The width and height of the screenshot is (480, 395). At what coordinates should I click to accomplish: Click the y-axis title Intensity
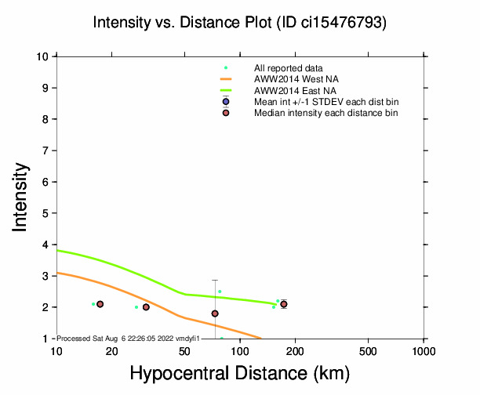(x=21, y=196)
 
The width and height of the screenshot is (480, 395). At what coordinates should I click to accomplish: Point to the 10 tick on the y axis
(x=45, y=56)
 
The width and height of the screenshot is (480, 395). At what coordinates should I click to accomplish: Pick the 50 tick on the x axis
(x=184, y=350)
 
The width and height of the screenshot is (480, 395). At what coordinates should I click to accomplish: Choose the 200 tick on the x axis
(x=295, y=350)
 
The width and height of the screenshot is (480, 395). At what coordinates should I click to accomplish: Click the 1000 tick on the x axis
(x=424, y=350)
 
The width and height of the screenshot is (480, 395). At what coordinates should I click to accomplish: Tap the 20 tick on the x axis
(x=111, y=350)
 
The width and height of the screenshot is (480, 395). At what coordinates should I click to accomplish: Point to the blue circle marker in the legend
(x=226, y=102)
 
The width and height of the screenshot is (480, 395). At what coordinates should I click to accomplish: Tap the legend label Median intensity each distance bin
(x=325, y=114)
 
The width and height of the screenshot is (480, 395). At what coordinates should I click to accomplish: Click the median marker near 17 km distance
(x=100, y=304)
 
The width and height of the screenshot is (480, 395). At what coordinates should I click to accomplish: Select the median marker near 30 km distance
(x=146, y=307)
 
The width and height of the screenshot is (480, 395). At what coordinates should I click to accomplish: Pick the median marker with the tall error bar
(x=215, y=313)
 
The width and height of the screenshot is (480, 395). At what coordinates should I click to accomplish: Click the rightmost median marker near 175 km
(x=284, y=304)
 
